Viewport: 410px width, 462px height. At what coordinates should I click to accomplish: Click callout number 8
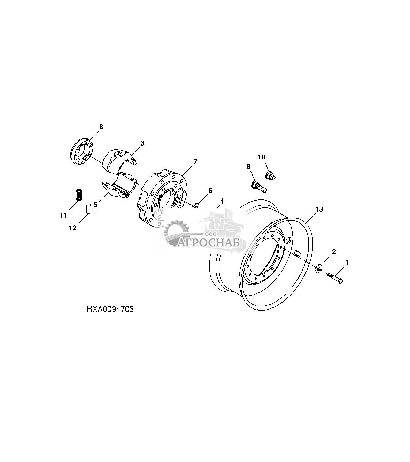(101, 127)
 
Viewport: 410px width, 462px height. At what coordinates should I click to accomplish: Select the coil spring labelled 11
(79, 194)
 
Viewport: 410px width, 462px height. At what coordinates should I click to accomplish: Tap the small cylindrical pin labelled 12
(88, 209)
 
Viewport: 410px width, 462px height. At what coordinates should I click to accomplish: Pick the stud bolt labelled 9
(258, 185)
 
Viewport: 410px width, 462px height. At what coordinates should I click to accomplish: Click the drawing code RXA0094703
(110, 309)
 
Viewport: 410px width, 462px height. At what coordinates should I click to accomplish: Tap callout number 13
(319, 209)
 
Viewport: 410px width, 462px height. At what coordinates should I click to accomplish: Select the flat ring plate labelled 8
(82, 153)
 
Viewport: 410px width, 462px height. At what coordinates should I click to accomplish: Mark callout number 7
(195, 162)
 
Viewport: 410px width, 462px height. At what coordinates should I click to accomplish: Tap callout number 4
(222, 201)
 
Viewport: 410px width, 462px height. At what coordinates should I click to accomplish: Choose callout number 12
(72, 228)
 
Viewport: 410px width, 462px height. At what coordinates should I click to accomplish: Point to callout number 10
(262, 157)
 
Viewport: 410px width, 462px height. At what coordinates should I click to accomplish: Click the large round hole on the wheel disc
(288, 241)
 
